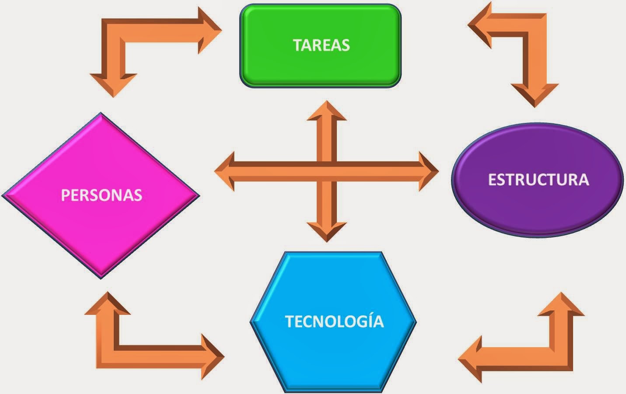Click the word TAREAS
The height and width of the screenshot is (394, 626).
321,45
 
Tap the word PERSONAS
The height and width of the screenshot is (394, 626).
101,195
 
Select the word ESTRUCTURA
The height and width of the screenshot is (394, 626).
538,180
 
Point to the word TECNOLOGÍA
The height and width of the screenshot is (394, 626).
334,321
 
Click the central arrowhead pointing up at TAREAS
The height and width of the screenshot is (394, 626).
326,111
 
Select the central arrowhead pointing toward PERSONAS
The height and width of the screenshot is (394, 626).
225,171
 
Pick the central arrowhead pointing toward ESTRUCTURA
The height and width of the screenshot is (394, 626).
427,171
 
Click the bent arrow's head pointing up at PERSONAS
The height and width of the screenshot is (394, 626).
107,303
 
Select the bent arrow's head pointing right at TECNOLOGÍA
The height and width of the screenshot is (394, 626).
212,356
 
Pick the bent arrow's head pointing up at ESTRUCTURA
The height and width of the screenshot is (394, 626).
561,304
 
